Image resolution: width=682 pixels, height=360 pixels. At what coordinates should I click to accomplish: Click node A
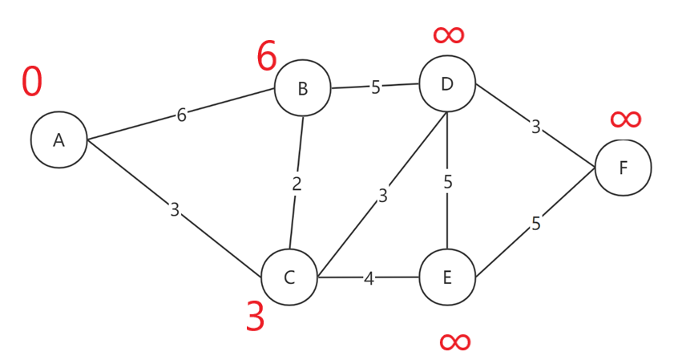click(59, 140)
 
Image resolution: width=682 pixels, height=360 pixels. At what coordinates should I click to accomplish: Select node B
click(302, 88)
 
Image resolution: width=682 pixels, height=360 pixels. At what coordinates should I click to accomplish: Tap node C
click(289, 277)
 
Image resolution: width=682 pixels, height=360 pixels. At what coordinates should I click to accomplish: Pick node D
click(447, 83)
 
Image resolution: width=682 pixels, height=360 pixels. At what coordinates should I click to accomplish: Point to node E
click(447, 277)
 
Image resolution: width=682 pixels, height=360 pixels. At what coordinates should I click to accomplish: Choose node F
click(623, 168)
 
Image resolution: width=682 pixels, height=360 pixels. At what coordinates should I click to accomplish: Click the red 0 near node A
click(32, 82)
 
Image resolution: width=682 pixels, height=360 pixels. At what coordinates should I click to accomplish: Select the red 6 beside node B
click(267, 57)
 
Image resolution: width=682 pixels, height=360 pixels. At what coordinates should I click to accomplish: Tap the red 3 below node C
click(255, 318)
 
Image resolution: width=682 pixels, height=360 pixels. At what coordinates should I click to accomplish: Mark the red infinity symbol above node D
click(449, 34)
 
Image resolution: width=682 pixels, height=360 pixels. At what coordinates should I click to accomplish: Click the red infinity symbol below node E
click(454, 342)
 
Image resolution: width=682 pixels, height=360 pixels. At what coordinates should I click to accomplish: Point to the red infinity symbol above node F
click(625, 119)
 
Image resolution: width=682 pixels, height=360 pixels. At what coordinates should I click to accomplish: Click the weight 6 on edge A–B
click(182, 115)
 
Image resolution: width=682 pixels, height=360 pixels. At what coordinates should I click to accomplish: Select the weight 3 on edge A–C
click(175, 210)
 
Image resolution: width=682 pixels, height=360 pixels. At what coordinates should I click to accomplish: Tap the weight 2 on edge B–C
click(297, 184)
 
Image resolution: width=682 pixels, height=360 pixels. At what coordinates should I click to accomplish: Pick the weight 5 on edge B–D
click(375, 87)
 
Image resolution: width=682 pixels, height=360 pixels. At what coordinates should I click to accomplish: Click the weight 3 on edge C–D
click(383, 195)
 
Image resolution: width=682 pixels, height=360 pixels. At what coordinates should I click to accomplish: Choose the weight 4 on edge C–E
click(369, 279)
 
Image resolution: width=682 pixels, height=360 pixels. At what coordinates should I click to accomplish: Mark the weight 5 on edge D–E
click(448, 182)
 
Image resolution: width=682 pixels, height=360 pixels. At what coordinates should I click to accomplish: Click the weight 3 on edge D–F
click(535, 127)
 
